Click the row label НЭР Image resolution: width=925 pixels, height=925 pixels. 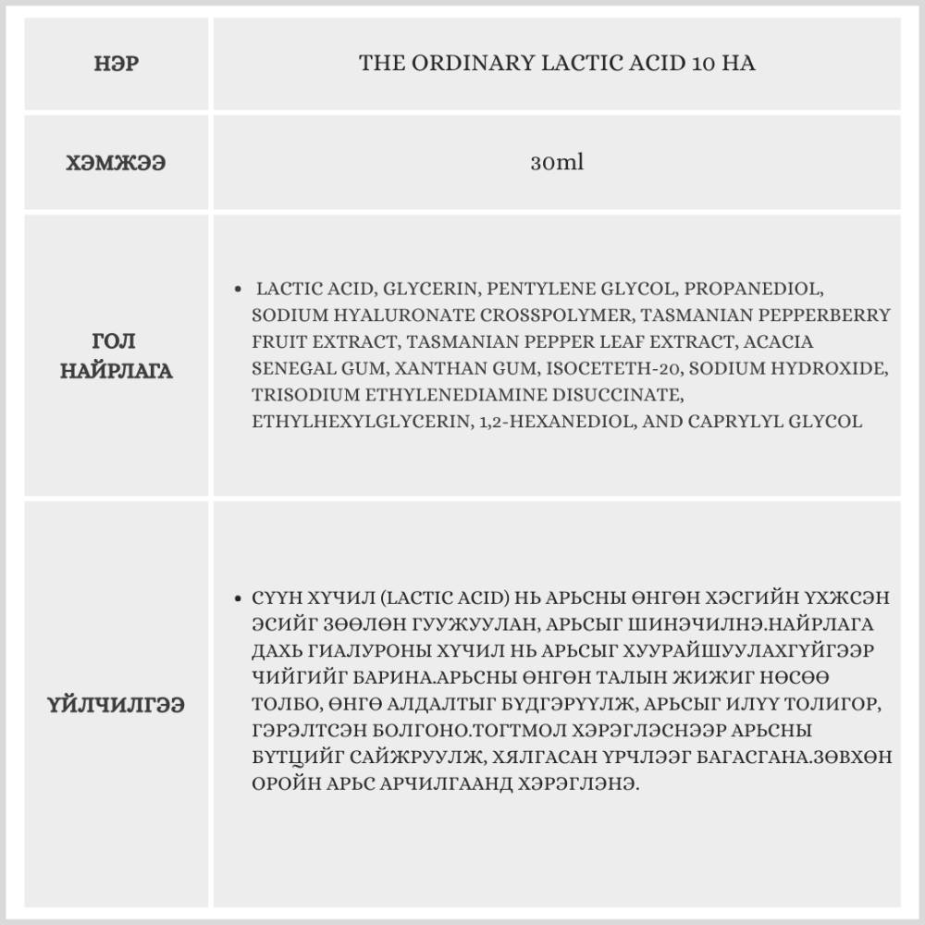[x=117, y=64]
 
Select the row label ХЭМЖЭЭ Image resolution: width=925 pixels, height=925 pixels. [x=117, y=163]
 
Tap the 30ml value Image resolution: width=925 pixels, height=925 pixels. [x=557, y=163]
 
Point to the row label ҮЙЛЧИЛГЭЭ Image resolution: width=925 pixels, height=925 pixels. [x=117, y=705]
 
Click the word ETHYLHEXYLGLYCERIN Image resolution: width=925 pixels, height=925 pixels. [x=358, y=422]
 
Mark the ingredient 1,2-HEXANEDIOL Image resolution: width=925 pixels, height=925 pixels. [x=545, y=422]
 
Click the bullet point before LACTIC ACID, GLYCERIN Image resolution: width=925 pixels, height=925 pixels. [x=240, y=289]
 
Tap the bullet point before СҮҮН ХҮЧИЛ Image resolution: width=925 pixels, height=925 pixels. [x=240, y=598]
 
